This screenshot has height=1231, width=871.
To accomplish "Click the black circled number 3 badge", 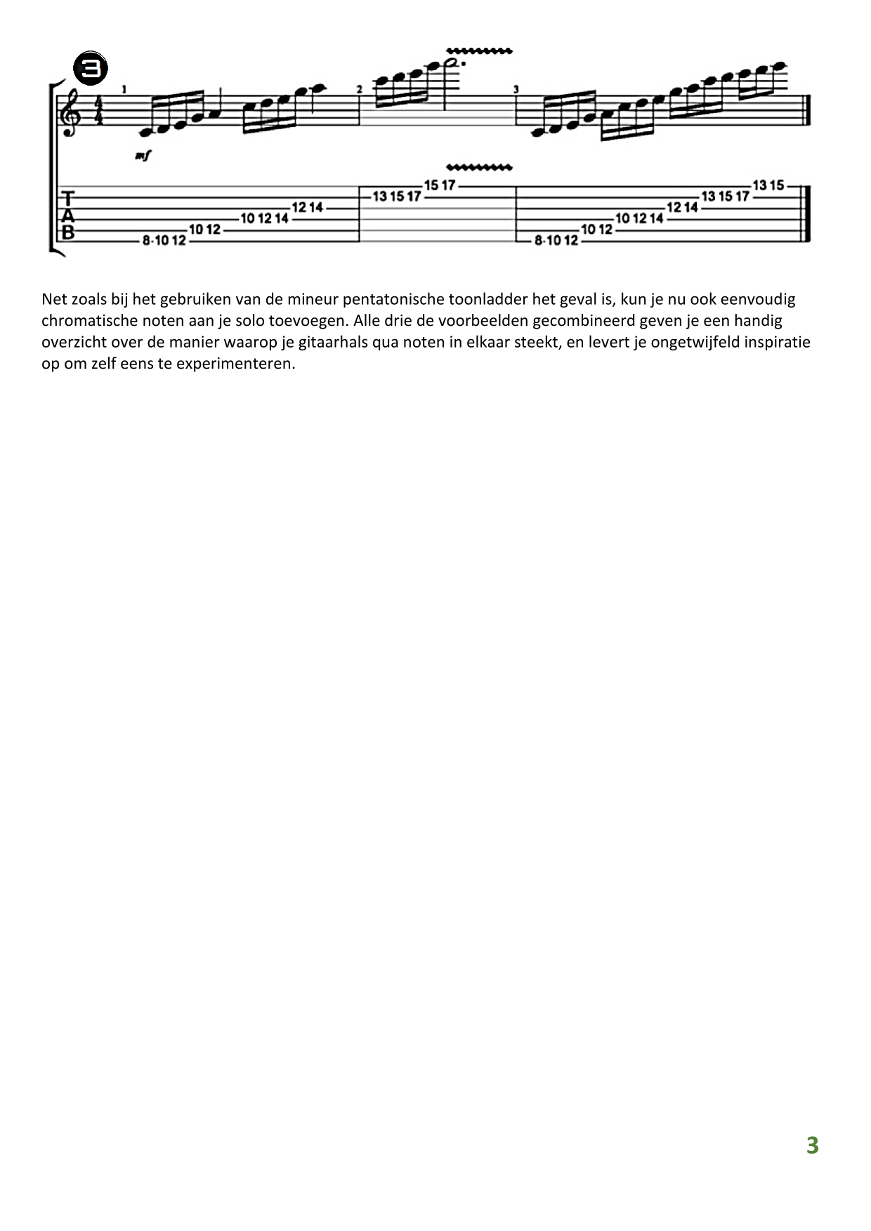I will click(91, 68).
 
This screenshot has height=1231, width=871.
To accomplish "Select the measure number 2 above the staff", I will click(359, 89).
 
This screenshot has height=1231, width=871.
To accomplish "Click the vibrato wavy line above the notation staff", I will click(479, 51).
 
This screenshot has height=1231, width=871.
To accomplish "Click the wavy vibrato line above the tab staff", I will click(479, 168).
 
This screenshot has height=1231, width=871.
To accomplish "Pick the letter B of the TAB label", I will click(68, 232).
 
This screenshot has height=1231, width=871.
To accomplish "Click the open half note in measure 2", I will click(454, 64).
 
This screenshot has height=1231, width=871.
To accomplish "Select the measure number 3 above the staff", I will click(516, 89).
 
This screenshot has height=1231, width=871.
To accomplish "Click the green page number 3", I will click(812, 1145).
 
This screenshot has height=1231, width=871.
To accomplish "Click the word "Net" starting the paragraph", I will click(54, 299).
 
